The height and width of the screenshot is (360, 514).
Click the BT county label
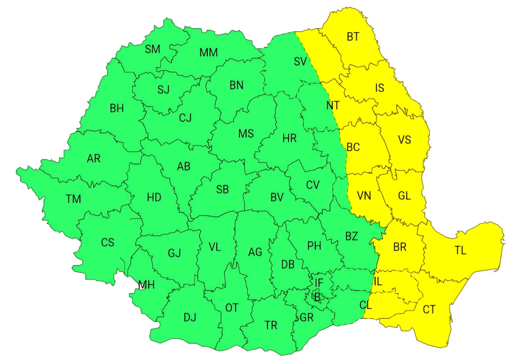point(353,37)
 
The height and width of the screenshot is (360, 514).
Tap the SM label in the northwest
point(152,49)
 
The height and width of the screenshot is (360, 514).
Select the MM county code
point(208,52)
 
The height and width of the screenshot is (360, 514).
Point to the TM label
point(73,199)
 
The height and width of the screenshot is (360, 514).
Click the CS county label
point(108,243)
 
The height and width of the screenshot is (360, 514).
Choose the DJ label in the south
point(190,318)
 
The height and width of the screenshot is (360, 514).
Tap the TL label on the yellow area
point(461,250)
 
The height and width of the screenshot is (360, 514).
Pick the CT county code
point(429,310)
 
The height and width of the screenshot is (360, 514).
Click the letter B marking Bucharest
point(317,297)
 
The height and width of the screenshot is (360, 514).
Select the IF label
point(319,283)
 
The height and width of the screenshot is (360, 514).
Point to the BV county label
point(277,197)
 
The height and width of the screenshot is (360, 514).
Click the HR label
point(289,139)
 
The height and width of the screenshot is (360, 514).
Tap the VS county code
point(405,140)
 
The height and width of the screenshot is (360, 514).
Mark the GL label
point(405,195)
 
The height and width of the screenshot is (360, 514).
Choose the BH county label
point(117,108)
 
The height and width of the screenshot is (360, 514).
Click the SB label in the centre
point(222,190)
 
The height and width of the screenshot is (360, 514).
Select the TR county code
point(271,326)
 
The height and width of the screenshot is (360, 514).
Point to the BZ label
point(352,236)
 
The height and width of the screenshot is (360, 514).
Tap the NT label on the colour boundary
point(333,106)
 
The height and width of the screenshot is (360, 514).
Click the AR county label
point(93,159)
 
